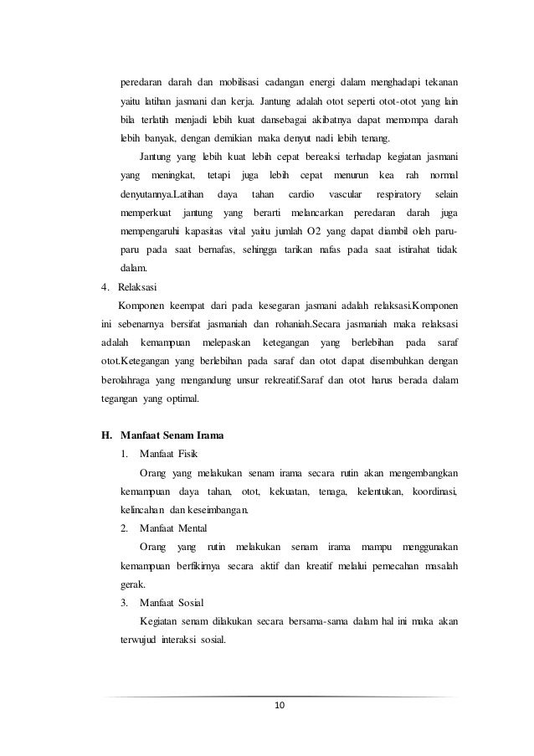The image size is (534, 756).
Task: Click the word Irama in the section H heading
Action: coord(208,435)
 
